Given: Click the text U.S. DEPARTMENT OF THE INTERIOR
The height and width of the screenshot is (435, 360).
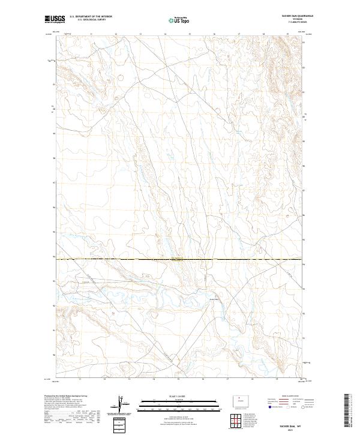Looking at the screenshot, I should (x=91, y=17).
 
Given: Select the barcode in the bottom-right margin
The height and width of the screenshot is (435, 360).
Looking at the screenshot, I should (x=347, y=410).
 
